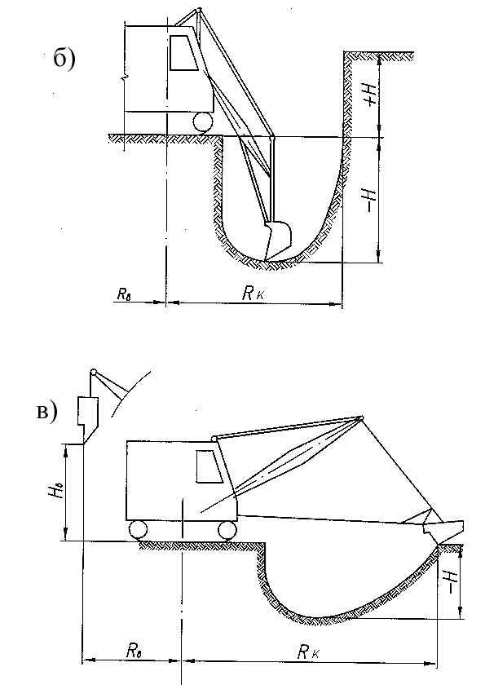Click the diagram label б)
64,58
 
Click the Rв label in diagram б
125,294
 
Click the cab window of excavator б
183,52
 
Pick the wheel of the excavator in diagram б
203,121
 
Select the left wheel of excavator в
139,530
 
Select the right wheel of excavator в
227,530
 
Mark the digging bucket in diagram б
277,241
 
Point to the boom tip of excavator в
360,417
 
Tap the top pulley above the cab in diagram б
199,9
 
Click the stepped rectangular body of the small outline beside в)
88,411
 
